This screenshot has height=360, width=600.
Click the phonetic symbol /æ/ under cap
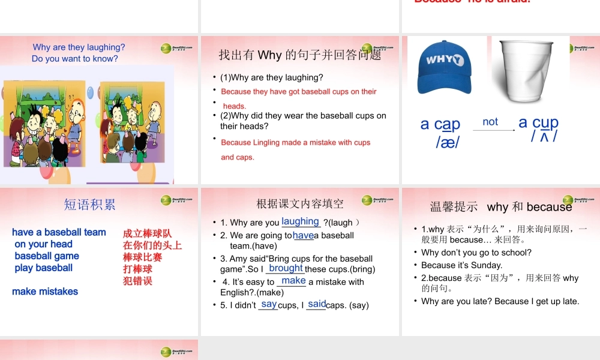[x=448, y=142]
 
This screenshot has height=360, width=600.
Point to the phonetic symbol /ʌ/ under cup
[x=544, y=137]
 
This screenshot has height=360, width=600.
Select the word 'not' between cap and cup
[x=490, y=122]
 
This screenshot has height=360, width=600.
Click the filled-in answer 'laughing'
[x=300, y=221]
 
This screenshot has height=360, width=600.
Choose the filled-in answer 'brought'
[x=286, y=268]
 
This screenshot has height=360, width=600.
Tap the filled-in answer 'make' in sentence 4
[x=293, y=280]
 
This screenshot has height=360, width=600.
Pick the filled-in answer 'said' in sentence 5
[x=317, y=304]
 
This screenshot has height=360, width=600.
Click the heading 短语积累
[x=90, y=205]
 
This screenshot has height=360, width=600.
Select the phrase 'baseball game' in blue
[x=47, y=256]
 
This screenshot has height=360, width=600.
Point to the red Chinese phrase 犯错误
[x=137, y=281]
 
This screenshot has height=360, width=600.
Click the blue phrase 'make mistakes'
[x=45, y=292]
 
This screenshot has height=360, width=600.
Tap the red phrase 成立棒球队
[x=147, y=234]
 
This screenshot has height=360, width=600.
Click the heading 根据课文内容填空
[x=300, y=204]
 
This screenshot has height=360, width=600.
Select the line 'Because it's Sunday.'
[x=461, y=265]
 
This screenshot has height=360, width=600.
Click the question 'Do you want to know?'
[x=75, y=59]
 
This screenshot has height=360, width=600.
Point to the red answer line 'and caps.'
[x=238, y=157]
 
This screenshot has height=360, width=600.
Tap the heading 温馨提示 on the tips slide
[x=454, y=207]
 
